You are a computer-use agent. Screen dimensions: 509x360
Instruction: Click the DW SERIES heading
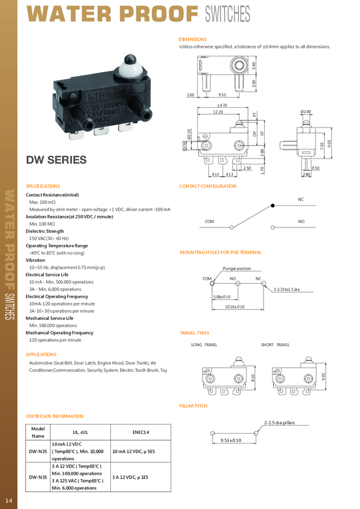coord(56,160)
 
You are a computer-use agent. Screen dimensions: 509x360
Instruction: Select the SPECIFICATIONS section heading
coord(43,186)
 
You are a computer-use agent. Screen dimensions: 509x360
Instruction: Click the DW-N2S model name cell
coord(38,451)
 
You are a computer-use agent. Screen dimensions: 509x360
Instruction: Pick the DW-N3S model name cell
coord(38,477)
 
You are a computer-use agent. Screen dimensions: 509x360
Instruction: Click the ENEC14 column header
coord(141,431)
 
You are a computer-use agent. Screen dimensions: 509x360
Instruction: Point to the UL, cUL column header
coord(80,431)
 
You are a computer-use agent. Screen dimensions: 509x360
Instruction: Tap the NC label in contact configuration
coord(301,199)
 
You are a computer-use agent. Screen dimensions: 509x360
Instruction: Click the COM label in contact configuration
coord(209,222)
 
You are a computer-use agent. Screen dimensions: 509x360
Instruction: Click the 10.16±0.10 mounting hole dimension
coord(235,307)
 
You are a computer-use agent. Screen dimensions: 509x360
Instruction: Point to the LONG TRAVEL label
coord(204,345)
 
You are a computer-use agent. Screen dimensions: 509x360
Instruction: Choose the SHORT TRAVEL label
coord(275,345)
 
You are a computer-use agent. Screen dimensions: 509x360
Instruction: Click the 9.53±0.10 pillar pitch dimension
coord(231,440)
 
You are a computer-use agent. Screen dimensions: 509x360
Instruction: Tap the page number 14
coord(8,501)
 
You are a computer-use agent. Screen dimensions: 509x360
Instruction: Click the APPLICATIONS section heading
coord(41,355)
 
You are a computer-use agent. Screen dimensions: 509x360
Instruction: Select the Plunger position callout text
coord(237,268)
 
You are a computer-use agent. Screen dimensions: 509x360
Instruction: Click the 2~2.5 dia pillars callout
coord(280,423)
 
